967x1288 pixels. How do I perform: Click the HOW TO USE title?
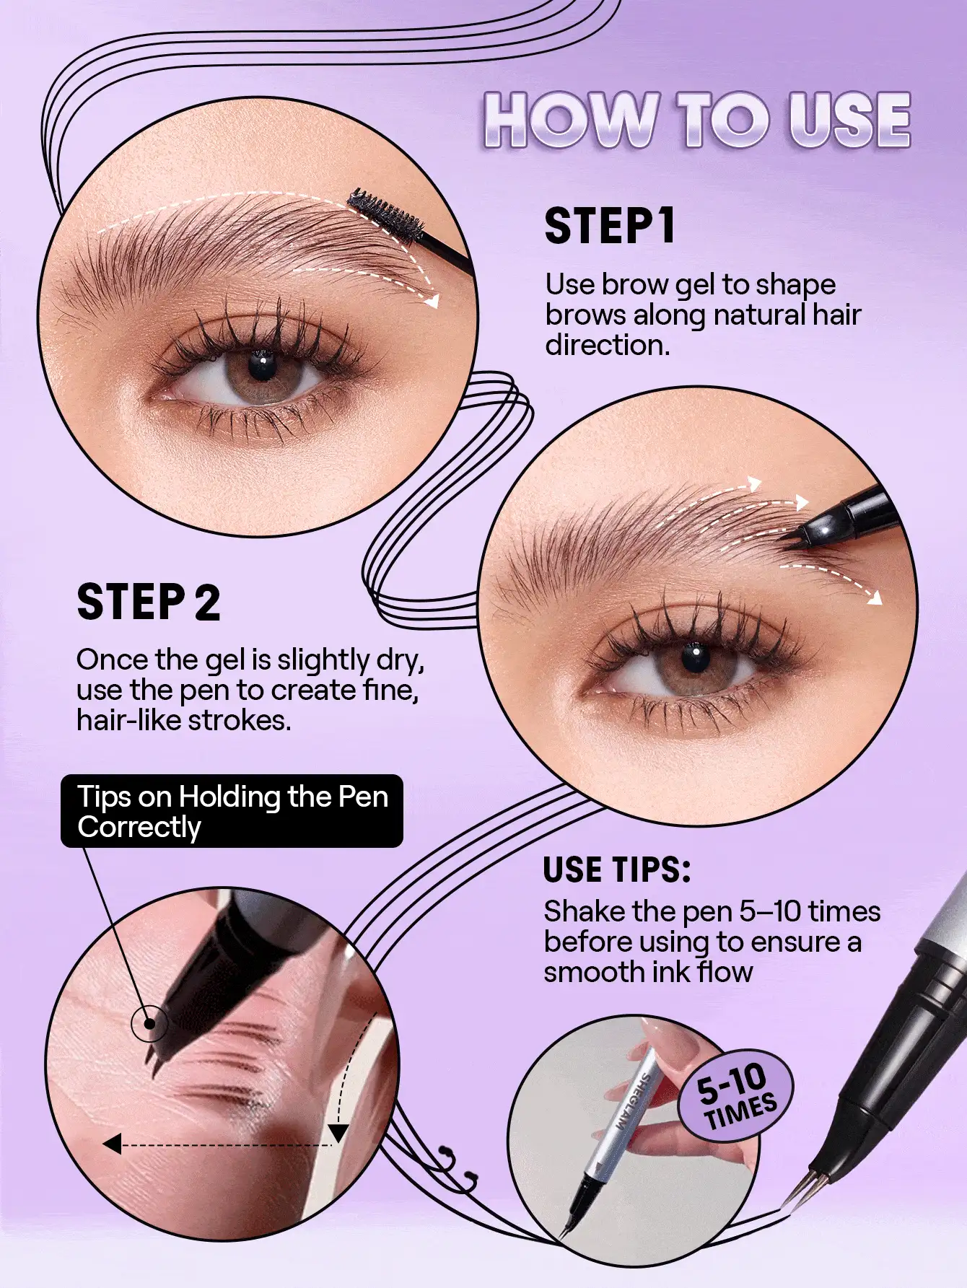point(696,121)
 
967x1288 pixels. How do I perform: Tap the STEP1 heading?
point(610,226)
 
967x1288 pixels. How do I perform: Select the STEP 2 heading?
point(148,603)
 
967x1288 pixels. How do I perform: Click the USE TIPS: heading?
point(617,869)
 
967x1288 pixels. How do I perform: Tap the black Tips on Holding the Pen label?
point(232,811)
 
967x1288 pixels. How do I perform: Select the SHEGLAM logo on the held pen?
point(634,1102)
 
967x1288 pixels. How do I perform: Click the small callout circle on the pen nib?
point(149,1023)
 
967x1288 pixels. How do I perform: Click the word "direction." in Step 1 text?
point(607,345)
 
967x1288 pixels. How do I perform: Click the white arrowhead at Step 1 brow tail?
point(432,301)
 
